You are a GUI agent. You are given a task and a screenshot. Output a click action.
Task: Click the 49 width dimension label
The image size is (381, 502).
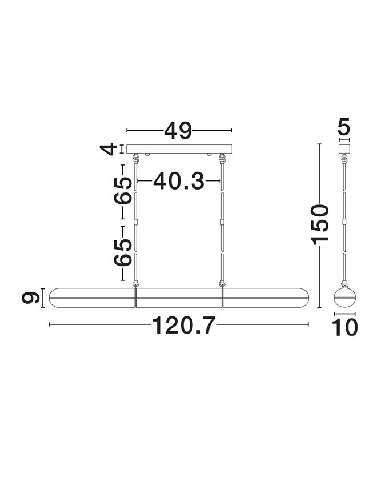178,131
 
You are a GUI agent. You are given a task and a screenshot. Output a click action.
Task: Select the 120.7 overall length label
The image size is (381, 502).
184,326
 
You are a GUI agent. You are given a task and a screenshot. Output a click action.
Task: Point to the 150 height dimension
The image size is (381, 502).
320,223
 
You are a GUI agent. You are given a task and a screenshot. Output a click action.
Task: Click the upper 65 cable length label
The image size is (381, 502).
123,190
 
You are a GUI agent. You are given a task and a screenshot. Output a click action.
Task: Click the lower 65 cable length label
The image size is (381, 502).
123,252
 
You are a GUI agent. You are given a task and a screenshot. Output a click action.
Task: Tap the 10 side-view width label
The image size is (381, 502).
344,327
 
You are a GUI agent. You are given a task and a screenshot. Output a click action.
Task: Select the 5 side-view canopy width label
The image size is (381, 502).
344,127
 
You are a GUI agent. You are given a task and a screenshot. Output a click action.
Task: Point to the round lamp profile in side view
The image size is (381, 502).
344,298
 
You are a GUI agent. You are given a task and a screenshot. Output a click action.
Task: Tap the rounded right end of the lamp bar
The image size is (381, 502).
300,298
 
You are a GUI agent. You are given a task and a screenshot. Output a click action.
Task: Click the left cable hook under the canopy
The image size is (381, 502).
136,158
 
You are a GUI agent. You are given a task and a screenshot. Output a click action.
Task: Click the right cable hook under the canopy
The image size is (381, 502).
222,158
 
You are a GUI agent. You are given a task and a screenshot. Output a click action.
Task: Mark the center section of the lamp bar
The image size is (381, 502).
179,298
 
